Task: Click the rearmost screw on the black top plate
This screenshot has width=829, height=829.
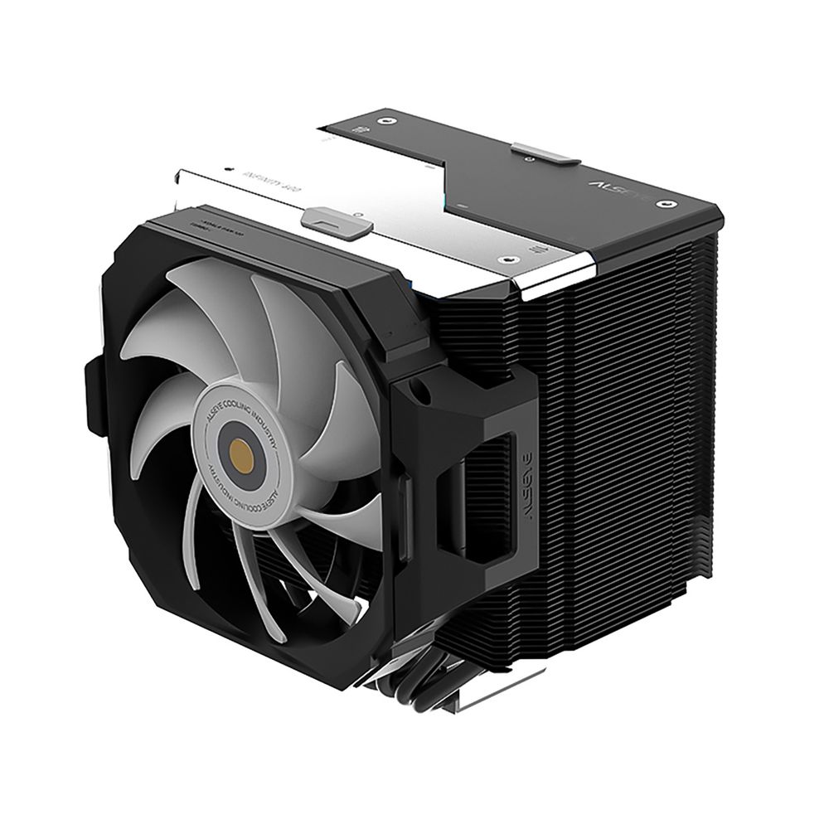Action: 384,120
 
